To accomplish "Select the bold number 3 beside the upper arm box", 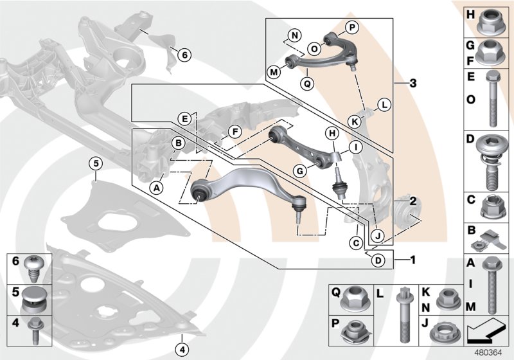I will point(413,84).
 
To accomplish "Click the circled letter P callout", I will point(351,27).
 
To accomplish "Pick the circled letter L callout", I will point(384,104).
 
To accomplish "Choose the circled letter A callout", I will point(155,187).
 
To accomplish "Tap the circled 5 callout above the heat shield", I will point(95,164).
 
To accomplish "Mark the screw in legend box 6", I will point(33,267).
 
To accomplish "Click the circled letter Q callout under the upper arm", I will point(307,83).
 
